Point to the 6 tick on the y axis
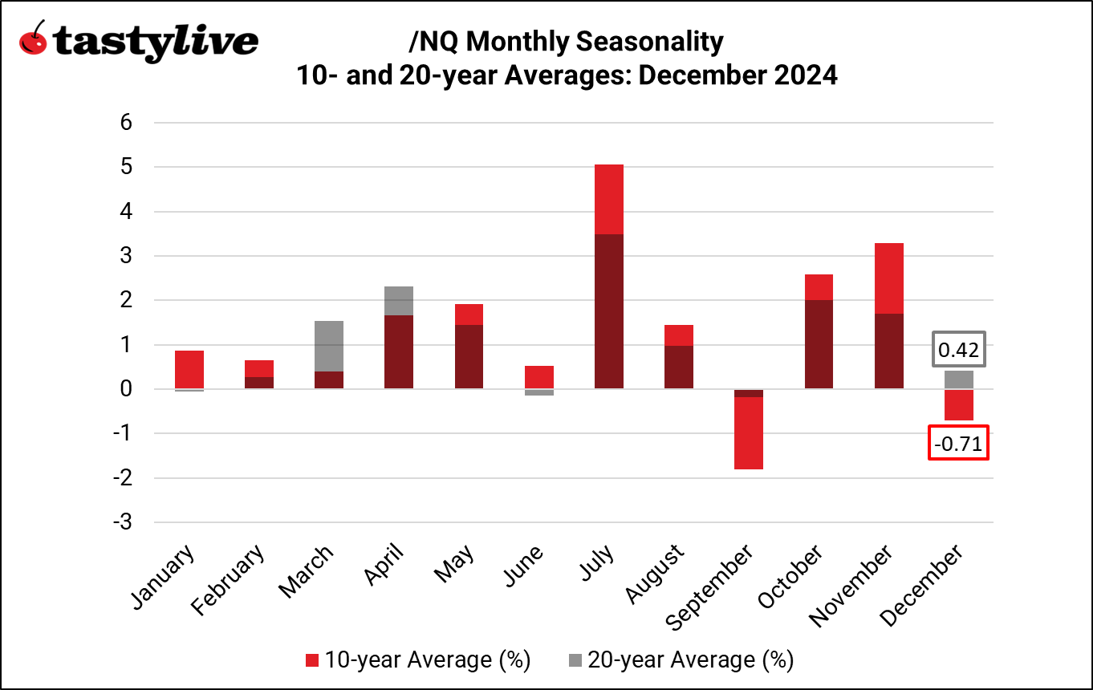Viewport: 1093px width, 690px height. (x=125, y=123)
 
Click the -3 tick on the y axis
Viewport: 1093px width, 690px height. (x=121, y=522)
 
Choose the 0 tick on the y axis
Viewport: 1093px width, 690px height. (x=125, y=389)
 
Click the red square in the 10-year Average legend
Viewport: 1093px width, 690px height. (x=312, y=660)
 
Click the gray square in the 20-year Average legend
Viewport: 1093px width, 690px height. (x=575, y=660)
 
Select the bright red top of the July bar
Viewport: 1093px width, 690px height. (x=608, y=199)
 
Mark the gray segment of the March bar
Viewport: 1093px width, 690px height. (x=328, y=346)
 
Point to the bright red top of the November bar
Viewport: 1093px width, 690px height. (x=888, y=278)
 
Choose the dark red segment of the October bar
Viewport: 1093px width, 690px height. (x=818, y=344)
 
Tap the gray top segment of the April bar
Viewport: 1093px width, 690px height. (x=398, y=301)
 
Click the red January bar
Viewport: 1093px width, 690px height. (x=189, y=369)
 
